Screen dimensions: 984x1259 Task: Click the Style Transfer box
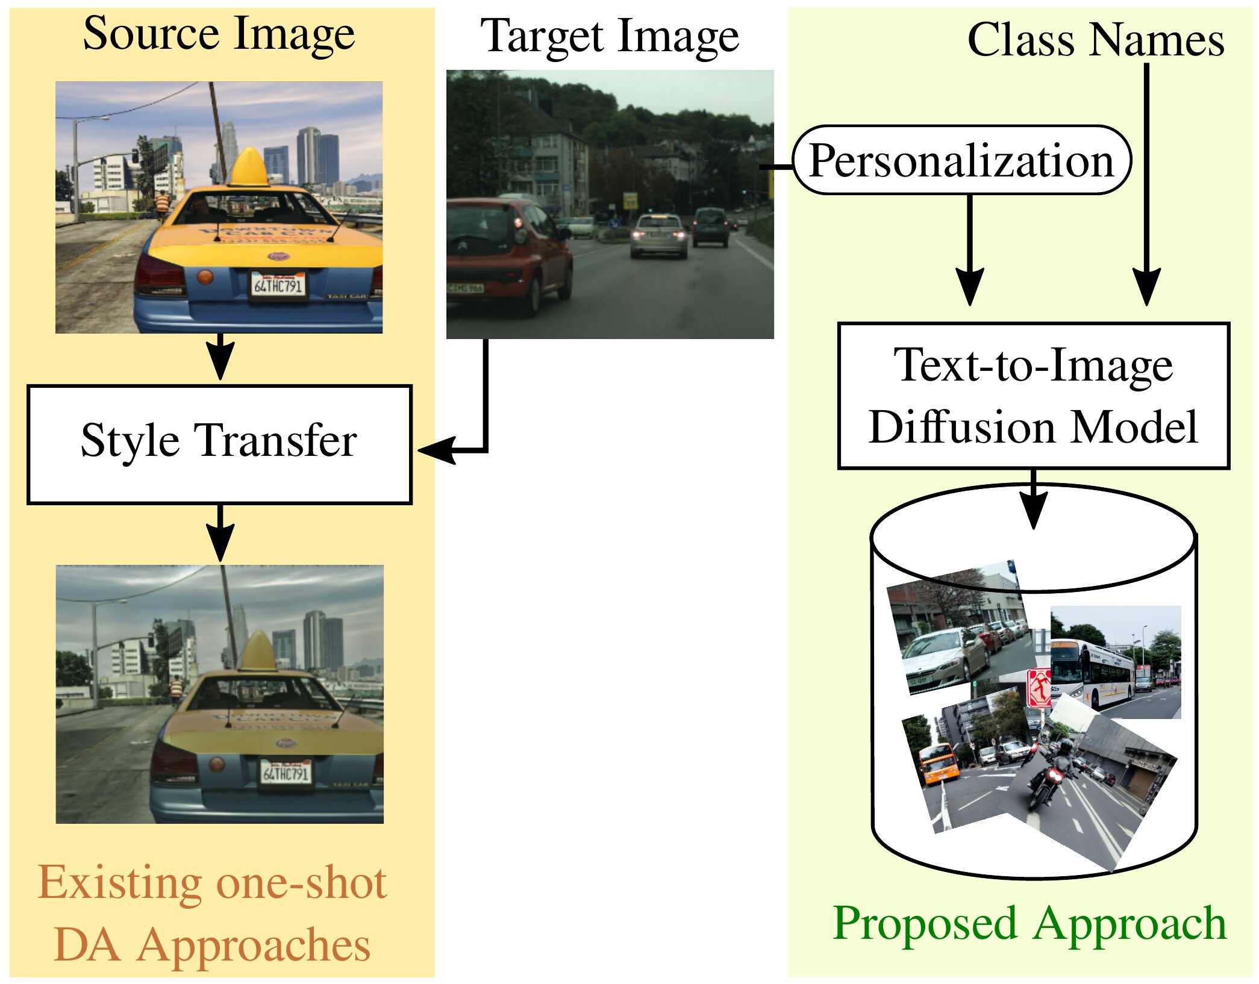pos(219,444)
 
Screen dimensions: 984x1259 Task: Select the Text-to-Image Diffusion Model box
pos(1033,396)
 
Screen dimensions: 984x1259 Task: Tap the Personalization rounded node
pos(961,160)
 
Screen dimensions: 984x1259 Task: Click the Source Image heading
pos(219,34)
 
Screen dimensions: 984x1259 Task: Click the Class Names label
pos(1095,40)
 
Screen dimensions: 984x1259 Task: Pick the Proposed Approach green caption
pos(1029,923)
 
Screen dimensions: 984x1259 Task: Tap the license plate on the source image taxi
pos(278,285)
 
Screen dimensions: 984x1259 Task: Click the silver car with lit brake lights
pos(659,236)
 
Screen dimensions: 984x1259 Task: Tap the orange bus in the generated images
pos(939,764)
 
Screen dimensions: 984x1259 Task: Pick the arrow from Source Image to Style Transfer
pos(220,357)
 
